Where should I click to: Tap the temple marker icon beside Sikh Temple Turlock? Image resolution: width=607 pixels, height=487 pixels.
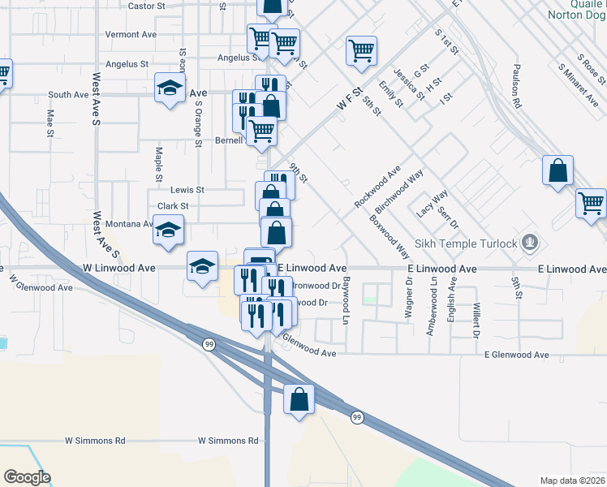(531, 242)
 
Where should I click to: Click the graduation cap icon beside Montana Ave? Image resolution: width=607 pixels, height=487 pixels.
(169, 231)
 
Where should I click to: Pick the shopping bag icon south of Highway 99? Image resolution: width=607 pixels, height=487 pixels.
(299, 399)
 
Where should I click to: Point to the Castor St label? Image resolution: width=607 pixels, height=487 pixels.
(147, 6)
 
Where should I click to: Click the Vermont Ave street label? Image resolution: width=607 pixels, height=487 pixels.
(131, 35)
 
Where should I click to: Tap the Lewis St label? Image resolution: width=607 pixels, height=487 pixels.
(187, 189)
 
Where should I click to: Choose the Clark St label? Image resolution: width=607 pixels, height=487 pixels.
(173, 206)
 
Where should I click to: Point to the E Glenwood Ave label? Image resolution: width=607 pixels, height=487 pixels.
(516, 355)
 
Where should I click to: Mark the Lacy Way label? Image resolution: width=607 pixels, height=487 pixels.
(433, 203)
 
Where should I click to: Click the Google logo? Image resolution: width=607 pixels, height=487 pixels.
(26, 477)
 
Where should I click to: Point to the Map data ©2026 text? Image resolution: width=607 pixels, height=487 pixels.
(572, 481)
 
